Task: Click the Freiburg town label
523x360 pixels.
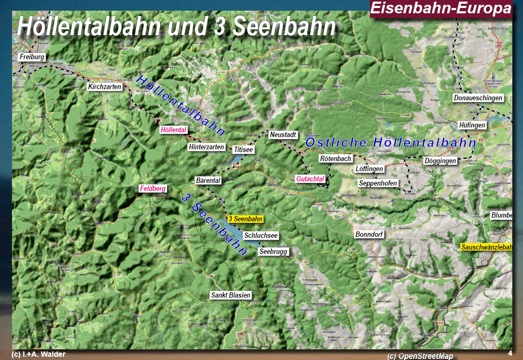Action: pyautogui.click(x=32, y=57)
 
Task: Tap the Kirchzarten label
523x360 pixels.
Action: pyautogui.click(x=105, y=86)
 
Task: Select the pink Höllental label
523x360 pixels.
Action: pyautogui.click(x=173, y=130)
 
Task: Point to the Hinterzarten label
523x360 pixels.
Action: pyautogui.click(x=207, y=147)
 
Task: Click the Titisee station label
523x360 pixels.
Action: pyautogui.click(x=243, y=149)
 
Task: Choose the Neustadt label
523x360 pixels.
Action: pyautogui.click(x=283, y=135)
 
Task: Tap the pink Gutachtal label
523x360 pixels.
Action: pyautogui.click(x=311, y=179)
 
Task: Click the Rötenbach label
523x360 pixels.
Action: pyautogui.click(x=336, y=158)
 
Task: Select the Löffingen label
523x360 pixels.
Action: pyautogui.click(x=369, y=169)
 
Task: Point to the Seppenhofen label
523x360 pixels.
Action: pyautogui.click(x=378, y=183)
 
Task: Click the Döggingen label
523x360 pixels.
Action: pyautogui.click(x=440, y=161)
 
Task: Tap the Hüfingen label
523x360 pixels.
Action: pyautogui.click(x=472, y=125)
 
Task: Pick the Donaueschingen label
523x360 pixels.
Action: pyautogui.click(x=478, y=98)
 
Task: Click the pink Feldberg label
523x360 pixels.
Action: pyautogui.click(x=153, y=188)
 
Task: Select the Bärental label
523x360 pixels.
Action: pyautogui.click(x=208, y=181)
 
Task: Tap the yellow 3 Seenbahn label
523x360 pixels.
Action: pyautogui.click(x=245, y=219)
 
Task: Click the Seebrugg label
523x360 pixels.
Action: pyautogui.click(x=273, y=251)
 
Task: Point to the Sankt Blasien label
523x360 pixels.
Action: pyautogui.click(x=231, y=295)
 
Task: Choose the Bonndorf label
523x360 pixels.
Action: pyautogui.click(x=369, y=234)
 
